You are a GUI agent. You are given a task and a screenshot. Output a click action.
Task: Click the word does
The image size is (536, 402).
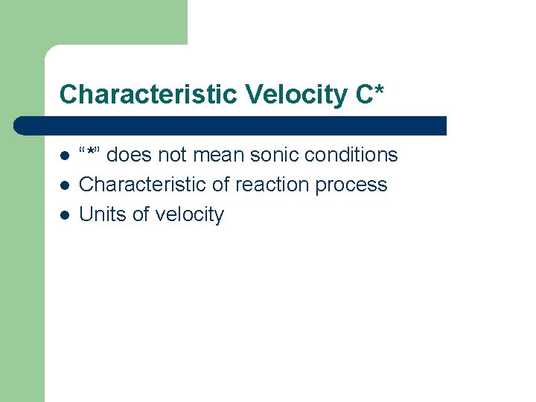point(132,155)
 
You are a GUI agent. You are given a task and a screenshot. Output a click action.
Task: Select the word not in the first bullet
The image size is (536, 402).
point(174,155)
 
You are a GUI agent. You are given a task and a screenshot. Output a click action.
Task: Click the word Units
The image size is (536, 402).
point(103,214)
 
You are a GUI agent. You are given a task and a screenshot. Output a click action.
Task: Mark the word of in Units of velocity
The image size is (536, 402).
point(141,214)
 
